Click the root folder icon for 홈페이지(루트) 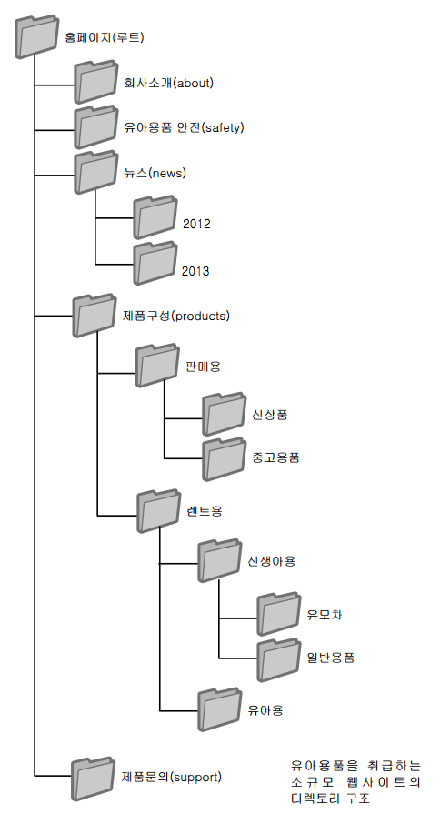[36, 36]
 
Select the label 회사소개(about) [168, 83]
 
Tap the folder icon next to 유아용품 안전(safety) [95, 126]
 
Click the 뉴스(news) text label [155, 173]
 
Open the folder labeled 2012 [155, 217]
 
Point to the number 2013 [195, 271]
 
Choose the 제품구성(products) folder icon [94, 316]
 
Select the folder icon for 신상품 [225, 414]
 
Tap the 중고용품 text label [276, 457]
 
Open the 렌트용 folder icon [158, 510]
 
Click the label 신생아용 [272, 561]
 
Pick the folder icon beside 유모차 [279, 614]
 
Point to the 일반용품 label [331, 657]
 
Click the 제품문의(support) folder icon [94, 779]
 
